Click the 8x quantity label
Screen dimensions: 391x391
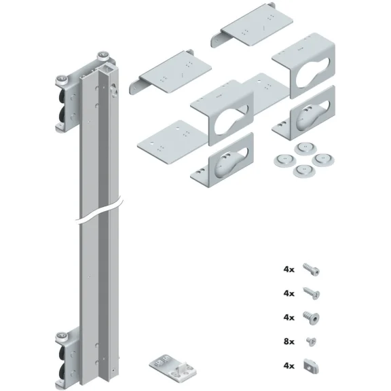click(288, 342)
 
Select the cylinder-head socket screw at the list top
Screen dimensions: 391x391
click(312, 269)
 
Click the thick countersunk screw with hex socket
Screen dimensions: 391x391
click(312, 317)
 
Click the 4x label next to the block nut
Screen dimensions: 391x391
click(288, 367)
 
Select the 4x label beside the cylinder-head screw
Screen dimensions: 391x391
click(288, 269)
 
